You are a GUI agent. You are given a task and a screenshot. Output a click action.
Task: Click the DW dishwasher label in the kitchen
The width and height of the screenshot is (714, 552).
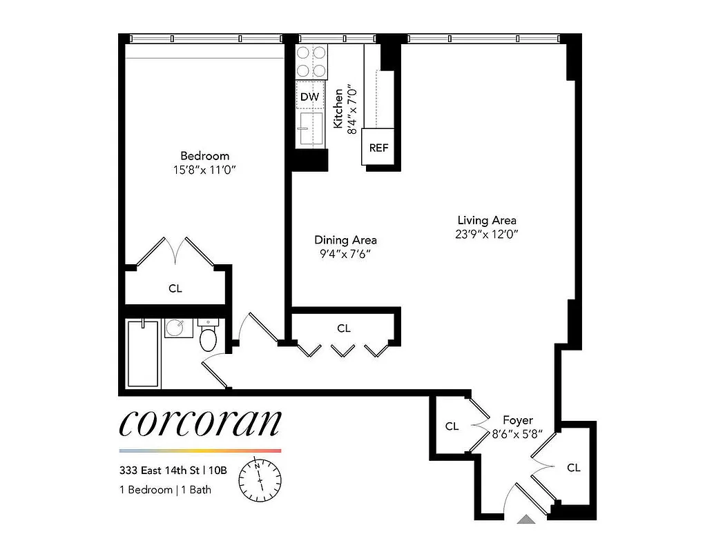[310, 97]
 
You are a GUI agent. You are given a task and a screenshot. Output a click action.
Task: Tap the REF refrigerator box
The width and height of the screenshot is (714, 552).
[378, 148]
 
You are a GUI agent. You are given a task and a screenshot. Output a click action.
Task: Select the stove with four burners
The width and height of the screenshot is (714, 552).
[311, 61]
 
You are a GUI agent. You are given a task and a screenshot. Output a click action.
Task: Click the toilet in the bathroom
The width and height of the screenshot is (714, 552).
[208, 336]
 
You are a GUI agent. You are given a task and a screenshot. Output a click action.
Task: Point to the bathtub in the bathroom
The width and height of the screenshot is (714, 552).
[144, 353]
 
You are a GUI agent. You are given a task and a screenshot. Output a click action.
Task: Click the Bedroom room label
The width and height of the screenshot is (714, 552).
[204, 156]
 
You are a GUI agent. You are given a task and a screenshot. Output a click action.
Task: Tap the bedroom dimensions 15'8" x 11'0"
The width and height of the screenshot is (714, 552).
[204, 169]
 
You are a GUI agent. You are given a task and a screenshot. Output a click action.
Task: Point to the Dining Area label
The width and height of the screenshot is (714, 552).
[345, 240]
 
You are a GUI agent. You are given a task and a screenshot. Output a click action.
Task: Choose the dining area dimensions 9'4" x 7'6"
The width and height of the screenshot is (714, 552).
[345, 253]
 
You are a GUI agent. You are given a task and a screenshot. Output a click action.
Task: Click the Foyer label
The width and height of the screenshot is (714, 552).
[517, 420]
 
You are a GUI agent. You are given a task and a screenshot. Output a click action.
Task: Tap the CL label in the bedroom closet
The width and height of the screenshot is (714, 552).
[175, 288]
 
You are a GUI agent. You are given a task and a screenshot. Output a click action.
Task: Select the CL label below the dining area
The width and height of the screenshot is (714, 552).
[344, 328]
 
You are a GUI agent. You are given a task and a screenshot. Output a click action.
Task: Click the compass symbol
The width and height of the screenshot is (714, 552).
[260, 478]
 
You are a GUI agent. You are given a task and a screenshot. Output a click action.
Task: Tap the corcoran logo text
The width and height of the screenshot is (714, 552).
[200, 422]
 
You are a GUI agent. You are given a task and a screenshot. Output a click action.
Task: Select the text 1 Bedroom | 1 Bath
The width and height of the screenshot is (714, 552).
[165, 491]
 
